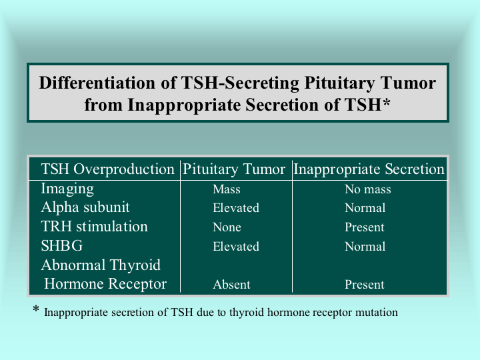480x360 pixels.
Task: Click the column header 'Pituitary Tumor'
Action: point(234,169)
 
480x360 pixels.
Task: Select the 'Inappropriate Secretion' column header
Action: point(369,169)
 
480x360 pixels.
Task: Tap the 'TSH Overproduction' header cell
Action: point(107,169)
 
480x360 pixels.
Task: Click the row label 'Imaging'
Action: point(67,189)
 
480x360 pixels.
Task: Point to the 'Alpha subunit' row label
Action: point(85,207)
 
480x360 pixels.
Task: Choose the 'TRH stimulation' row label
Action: point(94,227)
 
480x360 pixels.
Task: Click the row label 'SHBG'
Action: point(62,246)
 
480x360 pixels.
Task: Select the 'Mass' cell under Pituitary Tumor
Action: point(227,189)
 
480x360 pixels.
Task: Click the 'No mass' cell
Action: point(368,189)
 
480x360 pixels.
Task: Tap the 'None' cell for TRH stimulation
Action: point(227,227)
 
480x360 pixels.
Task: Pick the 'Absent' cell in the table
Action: point(231,285)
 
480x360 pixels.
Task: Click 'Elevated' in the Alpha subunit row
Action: point(236,208)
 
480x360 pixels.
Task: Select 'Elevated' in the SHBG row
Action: point(236,247)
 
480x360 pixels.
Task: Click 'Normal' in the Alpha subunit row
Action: point(365,208)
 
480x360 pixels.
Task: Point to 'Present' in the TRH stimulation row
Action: point(364,227)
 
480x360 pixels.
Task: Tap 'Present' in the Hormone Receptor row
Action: point(364,285)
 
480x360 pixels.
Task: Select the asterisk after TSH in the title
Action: point(386,103)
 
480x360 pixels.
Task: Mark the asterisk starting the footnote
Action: point(36,309)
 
